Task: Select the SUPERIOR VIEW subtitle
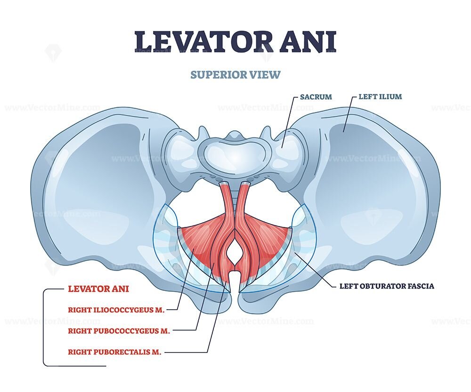pos(235,74)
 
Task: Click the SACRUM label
pos(316,97)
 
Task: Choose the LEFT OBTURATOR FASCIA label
pos(386,286)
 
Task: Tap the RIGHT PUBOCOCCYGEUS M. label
pos(119,331)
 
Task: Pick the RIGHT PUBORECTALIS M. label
pos(115,352)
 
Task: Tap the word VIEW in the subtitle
pos(267,74)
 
